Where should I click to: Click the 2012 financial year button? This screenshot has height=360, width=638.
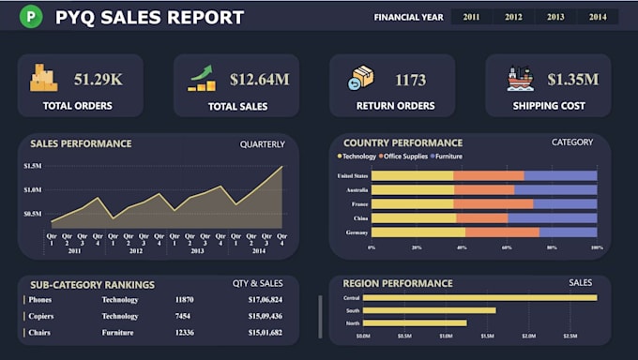tap(513, 17)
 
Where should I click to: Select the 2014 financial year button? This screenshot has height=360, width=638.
tap(597, 17)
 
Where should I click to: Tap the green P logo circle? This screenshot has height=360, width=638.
tap(32, 17)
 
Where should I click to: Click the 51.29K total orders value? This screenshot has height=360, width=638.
tap(98, 80)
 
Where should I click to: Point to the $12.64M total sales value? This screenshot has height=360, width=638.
tap(258, 80)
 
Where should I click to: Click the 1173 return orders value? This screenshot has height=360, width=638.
tap(410, 80)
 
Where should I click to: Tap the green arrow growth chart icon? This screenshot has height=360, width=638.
tap(202, 78)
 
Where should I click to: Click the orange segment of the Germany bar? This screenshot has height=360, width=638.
tap(502, 232)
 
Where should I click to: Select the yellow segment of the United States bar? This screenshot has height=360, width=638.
tap(412, 175)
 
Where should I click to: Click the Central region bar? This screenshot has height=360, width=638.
tap(479, 297)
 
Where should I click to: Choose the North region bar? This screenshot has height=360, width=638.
tap(415, 322)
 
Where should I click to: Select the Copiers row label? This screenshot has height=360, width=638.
tap(41, 316)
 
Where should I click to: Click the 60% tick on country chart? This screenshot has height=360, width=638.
tap(507, 247)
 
